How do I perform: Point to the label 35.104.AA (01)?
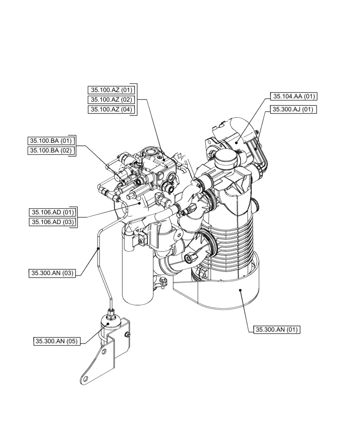294,96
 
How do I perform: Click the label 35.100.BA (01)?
50,141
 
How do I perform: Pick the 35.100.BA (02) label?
50,151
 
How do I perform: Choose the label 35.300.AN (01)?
277,330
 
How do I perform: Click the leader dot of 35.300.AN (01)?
241,290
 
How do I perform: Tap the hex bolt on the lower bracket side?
127,335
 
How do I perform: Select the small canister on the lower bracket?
110,323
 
